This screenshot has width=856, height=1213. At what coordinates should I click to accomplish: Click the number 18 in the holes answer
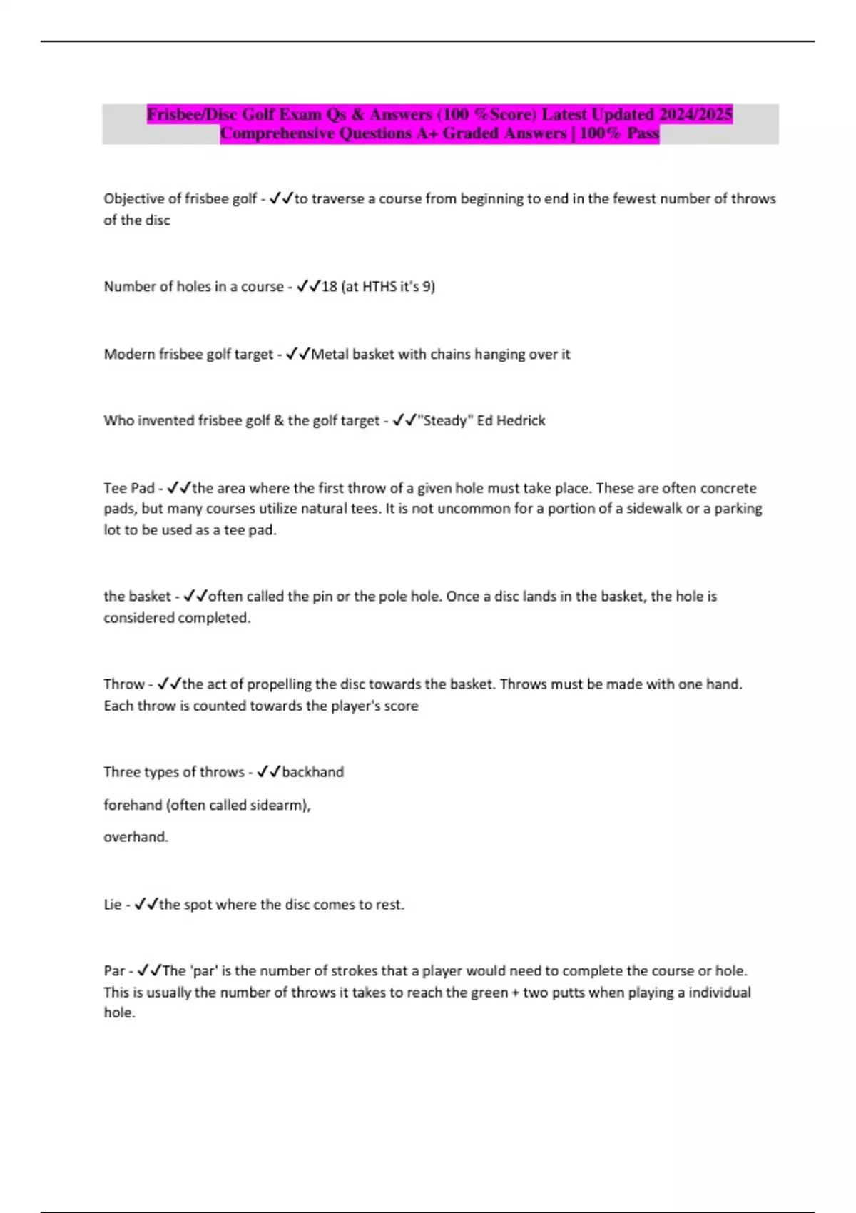click(x=329, y=286)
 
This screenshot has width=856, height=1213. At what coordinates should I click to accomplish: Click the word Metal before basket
click(x=329, y=354)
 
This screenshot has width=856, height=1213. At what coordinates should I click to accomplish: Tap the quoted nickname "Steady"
click(x=445, y=420)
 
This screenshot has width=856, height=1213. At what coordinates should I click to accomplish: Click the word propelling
click(x=277, y=684)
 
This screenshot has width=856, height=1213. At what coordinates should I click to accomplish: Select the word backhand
click(x=312, y=771)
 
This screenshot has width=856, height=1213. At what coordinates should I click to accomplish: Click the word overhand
click(x=136, y=836)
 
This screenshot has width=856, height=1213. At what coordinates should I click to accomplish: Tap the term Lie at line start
click(x=113, y=904)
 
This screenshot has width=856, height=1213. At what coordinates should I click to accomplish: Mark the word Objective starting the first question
click(x=133, y=198)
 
